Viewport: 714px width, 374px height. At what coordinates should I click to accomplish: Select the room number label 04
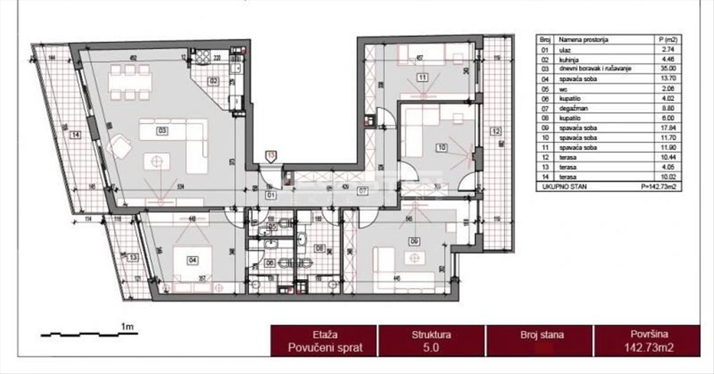tap(191, 260)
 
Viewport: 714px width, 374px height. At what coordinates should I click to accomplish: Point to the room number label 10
tap(442, 148)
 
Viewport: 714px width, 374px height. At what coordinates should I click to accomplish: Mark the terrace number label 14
tap(74, 134)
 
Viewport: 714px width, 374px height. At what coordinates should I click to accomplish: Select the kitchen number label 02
tap(213, 81)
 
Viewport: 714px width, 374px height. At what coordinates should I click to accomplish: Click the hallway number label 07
tap(362, 191)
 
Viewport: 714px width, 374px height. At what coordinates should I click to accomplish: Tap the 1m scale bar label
tap(129, 327)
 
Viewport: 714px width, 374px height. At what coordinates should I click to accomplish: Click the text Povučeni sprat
tap(324, 348)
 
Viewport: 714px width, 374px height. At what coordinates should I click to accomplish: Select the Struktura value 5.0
tap(431, 348)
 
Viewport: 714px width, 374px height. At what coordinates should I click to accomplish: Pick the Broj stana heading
tap(539, 334)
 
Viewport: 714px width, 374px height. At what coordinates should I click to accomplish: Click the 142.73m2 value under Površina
tap(646, 348)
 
